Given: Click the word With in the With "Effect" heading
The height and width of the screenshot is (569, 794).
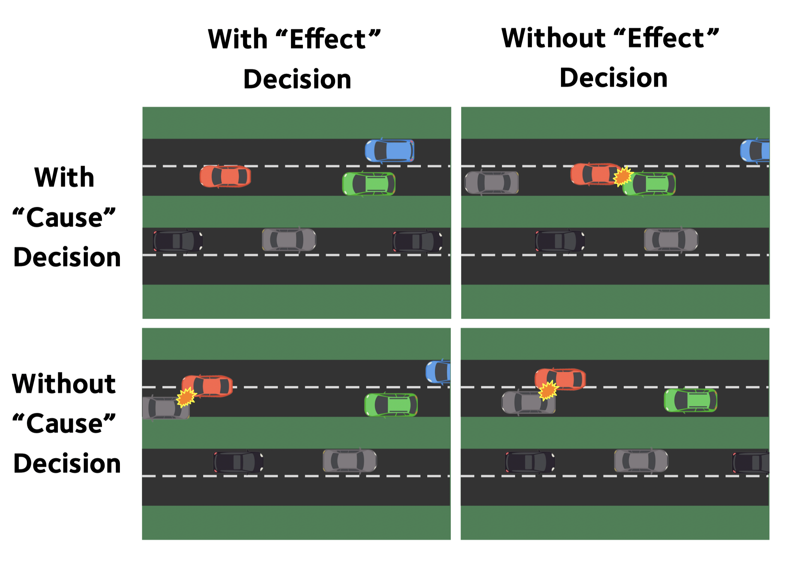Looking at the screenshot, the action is click(x=238, y=39).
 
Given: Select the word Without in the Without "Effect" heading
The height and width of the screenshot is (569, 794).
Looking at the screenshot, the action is click(x=553, y=38).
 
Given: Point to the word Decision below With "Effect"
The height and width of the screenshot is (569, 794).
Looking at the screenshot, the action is click(x=297, y=79).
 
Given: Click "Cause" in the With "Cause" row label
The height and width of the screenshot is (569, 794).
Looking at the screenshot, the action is click(x=64, y=217).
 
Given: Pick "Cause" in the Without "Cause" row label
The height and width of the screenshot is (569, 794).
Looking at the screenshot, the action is click(x=64, y=424).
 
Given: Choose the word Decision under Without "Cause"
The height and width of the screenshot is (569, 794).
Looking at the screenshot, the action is click(x=67, y=464).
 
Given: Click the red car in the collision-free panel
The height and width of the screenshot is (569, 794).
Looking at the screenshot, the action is click(x=225, y=176).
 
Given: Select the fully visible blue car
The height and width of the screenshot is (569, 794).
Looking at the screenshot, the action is click(x=390, y=151).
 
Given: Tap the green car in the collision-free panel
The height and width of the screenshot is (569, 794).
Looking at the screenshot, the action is click(x=369, y=184).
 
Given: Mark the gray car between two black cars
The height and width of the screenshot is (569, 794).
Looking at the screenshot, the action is click(x=289, y=240).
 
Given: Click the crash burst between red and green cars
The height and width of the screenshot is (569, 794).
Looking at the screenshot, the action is click(x=623, y=176).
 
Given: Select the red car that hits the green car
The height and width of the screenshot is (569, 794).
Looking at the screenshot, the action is click(x=595, y=174).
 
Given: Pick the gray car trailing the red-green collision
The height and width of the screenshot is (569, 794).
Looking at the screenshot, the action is click(x=491, y=183).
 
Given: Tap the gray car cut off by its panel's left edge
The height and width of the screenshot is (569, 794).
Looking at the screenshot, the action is click(x=166, y=408).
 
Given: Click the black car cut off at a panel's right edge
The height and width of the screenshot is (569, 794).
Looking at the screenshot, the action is click(x=750, y=462).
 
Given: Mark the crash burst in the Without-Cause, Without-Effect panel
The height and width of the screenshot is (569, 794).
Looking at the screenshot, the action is click(x=548, y=390).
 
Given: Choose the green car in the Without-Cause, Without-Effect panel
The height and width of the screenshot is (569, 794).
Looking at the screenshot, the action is click(x=691, y=400).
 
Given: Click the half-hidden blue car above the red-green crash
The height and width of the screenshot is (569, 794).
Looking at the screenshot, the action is click(x=755, y=151).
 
